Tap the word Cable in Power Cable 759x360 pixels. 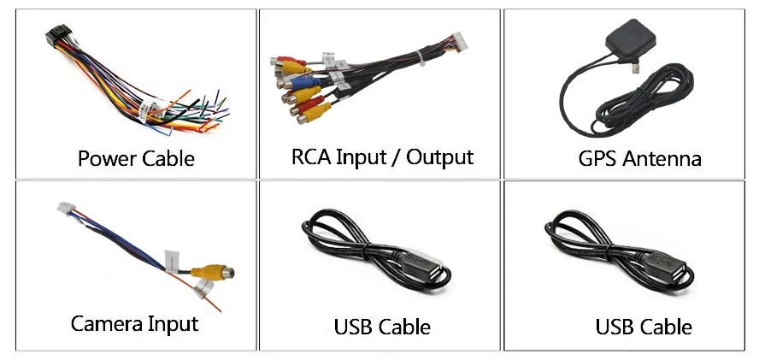[167, 158]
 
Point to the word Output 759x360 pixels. [439, 156]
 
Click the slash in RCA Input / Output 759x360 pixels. [397, 156]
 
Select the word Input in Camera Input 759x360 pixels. [172, 324]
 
